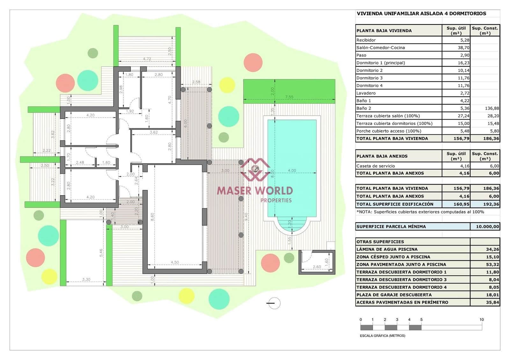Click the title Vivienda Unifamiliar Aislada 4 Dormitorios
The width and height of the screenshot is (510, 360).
pos(421,13)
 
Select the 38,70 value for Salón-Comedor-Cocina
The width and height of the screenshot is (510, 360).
pos(463,47)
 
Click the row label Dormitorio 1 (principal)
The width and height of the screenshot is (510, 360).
pos(381,63)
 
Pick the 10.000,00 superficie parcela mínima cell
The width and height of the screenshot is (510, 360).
pos(487,227)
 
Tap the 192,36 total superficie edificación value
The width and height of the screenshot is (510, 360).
pos(491,204)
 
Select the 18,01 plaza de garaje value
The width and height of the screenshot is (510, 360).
pos(492,295)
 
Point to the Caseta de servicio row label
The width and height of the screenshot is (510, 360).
pos(375,166)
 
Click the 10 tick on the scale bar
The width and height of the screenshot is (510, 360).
pos(481,320)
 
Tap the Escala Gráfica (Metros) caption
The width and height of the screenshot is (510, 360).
pos(382,335)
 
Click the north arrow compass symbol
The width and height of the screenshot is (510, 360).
pos(274,303)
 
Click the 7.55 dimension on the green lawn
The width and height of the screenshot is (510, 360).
pos(289,97)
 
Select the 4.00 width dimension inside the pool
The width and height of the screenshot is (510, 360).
pos(292,170)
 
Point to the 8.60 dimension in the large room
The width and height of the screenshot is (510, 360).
pos(152,217)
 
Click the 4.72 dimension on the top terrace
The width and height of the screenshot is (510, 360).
pos(147,59)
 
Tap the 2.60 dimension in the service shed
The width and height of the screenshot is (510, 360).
pos(317,267)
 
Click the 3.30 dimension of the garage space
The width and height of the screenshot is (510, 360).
pos(86,279)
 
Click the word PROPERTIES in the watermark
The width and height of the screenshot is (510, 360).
pos(276,200)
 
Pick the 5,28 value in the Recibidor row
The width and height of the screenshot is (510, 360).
pos(464,40)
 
